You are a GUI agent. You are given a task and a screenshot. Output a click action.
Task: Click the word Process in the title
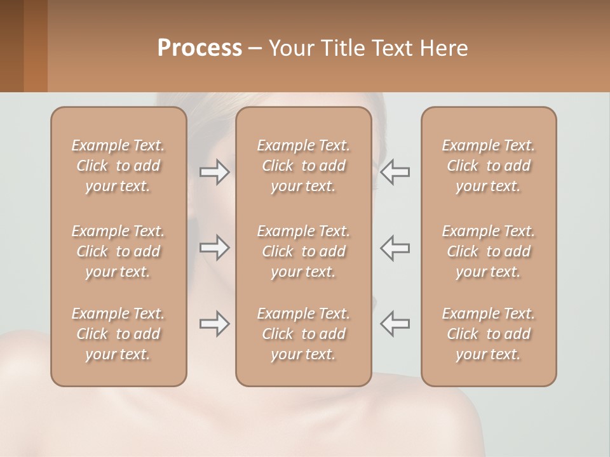coord(200,48)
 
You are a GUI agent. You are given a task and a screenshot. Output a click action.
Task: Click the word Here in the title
coord(444,48)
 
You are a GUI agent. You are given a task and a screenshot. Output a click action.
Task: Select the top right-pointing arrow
coord(215,171)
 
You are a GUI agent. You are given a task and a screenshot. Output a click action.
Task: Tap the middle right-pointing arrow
coord(215,248)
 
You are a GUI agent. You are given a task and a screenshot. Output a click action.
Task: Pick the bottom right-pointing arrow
coord(215,324)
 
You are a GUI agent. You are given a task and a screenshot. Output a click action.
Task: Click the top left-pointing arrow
coord(395,171)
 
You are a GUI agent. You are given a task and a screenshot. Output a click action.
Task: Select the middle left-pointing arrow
coord(395,248)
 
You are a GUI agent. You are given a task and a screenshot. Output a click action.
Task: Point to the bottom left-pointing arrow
coord(395,324)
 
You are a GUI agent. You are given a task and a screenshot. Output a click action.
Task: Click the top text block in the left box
coord(118,166)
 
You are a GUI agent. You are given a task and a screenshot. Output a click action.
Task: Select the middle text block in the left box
coord(118,251)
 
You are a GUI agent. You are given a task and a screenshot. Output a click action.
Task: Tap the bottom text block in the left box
coord(118,334)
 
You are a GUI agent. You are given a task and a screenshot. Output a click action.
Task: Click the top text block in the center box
coord(304,166)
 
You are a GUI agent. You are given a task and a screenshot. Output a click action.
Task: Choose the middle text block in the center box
coord(304,251)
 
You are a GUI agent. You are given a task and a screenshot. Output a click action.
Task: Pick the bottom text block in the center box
coord(304,334)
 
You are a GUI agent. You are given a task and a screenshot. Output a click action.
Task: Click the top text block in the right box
coord(489,166)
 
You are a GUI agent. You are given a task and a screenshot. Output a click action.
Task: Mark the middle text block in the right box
coord(489,251)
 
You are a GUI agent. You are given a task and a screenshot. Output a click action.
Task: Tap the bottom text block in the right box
coord(489,334)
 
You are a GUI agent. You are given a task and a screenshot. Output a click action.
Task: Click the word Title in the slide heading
coord(340,48)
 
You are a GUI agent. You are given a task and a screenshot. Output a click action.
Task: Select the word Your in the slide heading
coord(288,48)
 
